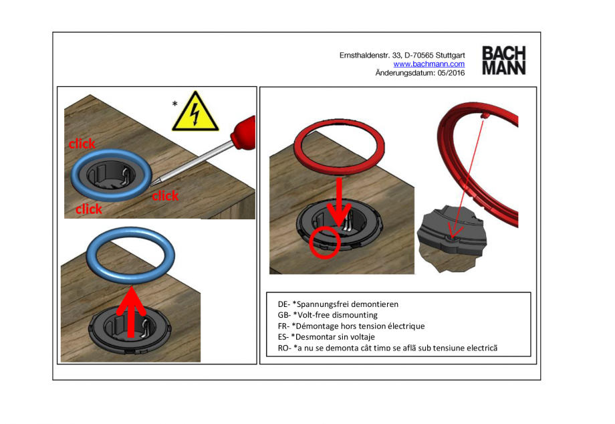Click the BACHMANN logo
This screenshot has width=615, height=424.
pos(503,60)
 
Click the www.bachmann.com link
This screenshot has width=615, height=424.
pos(428,64)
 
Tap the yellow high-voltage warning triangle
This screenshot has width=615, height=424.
pos(195,113)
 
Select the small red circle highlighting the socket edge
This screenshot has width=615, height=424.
pos(326,243)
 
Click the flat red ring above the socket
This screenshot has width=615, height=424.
pos(340,148)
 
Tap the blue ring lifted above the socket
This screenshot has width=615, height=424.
pos(131,256)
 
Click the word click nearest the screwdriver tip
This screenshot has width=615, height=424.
pos(164,196)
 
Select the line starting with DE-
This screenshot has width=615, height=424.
pos(338,304)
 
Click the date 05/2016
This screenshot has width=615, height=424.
pos(451,73)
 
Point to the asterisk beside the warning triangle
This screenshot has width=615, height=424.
pos(174,104)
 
